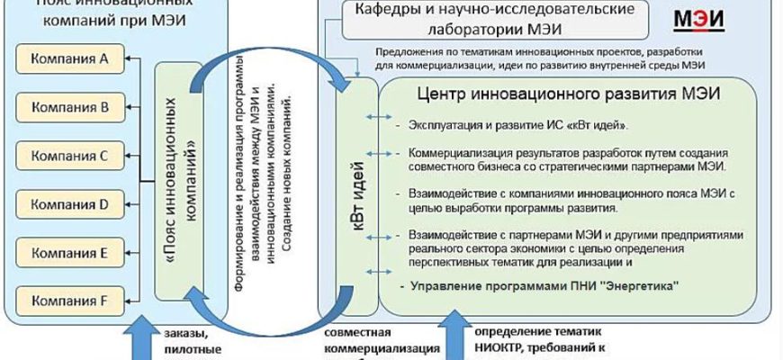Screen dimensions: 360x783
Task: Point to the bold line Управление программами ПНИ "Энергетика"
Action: (537, 285)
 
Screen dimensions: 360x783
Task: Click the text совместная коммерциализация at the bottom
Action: (382, 341)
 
